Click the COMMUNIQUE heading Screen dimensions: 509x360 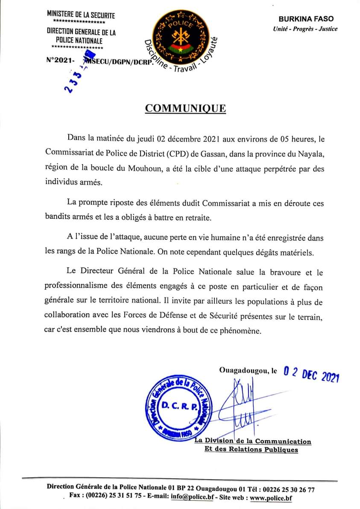tap(185, 108)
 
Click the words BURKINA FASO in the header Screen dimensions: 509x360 tap(306, 19)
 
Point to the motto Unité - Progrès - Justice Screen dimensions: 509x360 tap(305, 29)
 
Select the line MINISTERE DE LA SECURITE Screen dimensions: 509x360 tap(81, 15)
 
